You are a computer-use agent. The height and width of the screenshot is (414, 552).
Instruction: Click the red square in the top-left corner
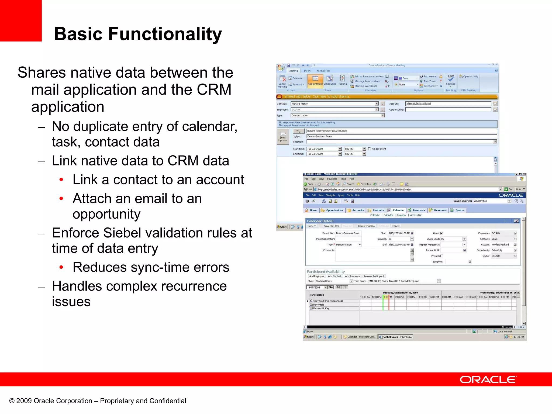21,20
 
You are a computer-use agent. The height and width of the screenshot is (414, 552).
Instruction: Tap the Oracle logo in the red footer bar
488,379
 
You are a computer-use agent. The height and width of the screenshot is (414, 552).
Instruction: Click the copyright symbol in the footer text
12,401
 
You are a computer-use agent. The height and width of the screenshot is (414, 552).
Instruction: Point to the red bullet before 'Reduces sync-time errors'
61,267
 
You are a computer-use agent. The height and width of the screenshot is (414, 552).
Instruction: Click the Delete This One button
366,226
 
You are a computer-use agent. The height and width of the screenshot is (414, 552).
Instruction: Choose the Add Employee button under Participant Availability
317,276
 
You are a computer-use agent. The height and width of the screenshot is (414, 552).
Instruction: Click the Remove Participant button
374,276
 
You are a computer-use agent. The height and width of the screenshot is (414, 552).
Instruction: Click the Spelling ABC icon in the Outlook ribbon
451,78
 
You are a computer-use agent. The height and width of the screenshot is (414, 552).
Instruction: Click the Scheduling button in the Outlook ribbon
330,80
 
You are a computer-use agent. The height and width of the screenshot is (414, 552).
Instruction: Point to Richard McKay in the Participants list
321,308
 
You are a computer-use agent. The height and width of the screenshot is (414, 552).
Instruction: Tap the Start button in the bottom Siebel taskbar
309,337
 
